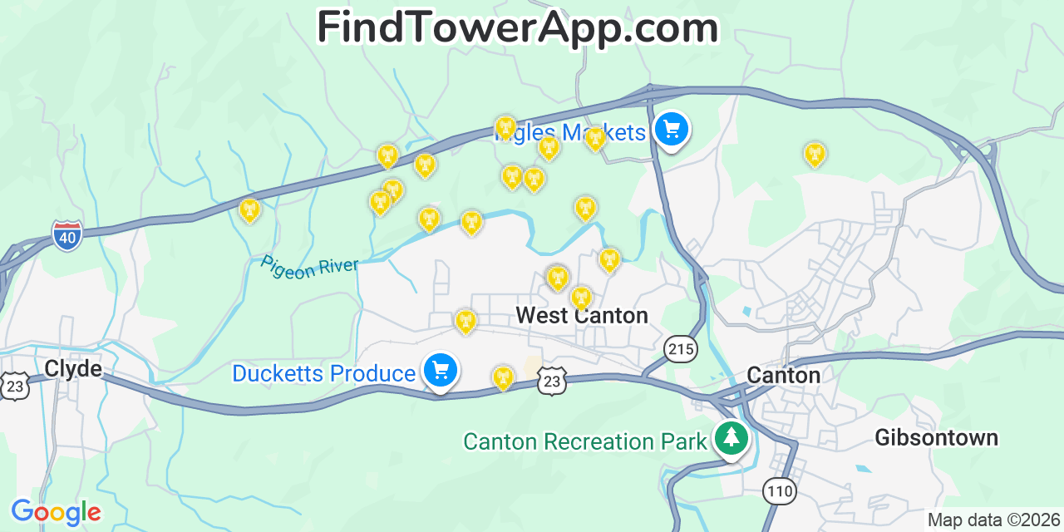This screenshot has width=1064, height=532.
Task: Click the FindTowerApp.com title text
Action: pos(517,27)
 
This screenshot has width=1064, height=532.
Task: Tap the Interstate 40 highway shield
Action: pos(67,235)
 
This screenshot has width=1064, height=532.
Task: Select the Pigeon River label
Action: pos(309,267)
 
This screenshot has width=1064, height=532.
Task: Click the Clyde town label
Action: pos(73,368)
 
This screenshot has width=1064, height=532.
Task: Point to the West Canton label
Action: pos(581,316)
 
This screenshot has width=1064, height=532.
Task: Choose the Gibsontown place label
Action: pos(936,438)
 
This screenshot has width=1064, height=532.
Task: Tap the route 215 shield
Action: pos(681,349)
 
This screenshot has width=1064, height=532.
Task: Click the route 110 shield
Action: pos(780,491)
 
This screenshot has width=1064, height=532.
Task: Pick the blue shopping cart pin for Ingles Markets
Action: pos(672,130)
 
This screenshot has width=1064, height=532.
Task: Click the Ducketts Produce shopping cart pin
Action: pos(440,371)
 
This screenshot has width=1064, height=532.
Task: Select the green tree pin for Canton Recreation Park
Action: pos(731,438)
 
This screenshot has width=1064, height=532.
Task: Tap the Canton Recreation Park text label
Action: pos(584,441)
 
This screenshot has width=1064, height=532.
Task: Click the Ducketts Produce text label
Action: pos(323,374)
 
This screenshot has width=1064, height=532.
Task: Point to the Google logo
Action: pos(56,512)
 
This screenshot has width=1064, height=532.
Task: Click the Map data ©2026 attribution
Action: pos(994,520)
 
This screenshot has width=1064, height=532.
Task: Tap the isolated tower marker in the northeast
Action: pos(815,154)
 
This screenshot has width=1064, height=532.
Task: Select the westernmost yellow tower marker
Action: pos(249,210)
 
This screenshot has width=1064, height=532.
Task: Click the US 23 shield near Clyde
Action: pos(14,386)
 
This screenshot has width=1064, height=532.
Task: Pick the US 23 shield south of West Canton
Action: pos(552,381)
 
